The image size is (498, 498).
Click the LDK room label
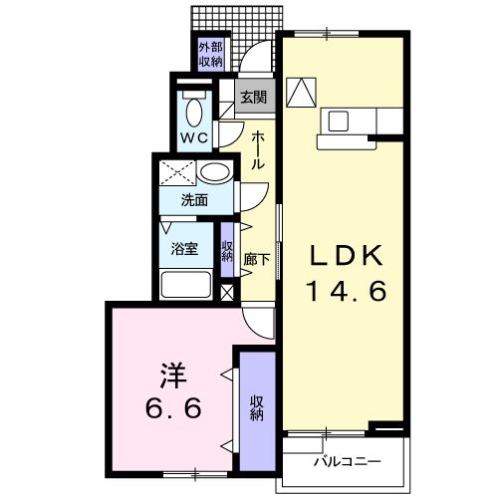point(347,255)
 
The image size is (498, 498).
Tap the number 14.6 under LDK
point(348,291)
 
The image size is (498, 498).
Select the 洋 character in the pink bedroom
point(173,375)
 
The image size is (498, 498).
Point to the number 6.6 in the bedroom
point(173,407)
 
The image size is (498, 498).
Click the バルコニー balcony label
point(348,461)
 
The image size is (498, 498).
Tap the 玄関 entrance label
point(254,98)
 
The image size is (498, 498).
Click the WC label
point(194,137)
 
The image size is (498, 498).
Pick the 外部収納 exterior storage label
point(210,55)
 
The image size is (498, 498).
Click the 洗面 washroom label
point(194,200)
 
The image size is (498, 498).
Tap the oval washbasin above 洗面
point(215,172)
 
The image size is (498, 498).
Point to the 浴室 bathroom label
point(184,248)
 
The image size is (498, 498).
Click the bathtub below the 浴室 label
point(186,284)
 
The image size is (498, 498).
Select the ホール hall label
point(258,150)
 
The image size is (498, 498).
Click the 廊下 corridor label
point(256,259)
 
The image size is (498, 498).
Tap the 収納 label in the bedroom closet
point(257,408)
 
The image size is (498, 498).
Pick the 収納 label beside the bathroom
point(227,251)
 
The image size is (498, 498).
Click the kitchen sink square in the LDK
point(339,121)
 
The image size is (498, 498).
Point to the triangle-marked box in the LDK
point(301,93)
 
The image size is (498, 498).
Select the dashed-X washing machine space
point(177,172)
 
